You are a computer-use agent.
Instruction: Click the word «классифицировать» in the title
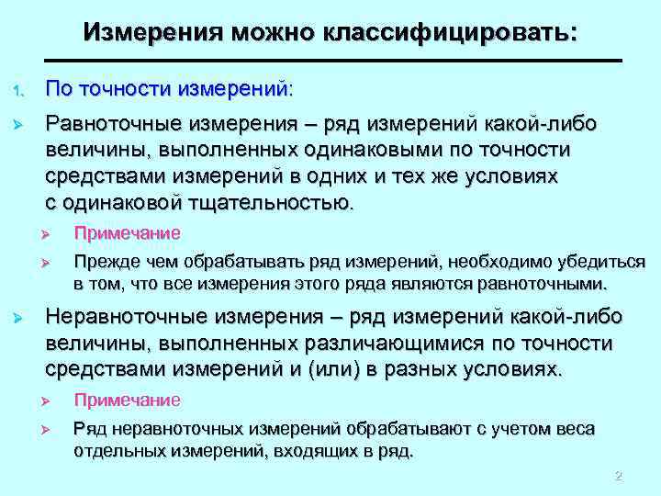[450, 33]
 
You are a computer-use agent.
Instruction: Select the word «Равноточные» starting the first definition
[113, 123]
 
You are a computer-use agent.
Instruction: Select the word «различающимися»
[387, 344]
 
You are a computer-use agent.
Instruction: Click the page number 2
[618, 476]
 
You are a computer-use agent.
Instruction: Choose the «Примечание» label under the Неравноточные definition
[127, 400]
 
